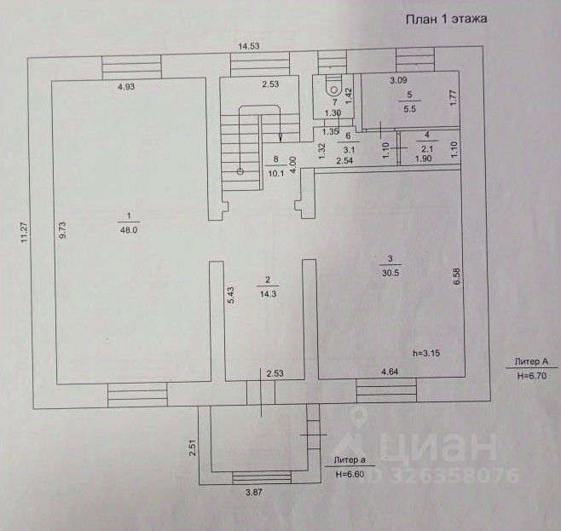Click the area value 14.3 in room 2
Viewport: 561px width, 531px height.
(x=268, y=292)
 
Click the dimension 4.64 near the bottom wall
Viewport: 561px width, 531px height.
(x=389, y=372)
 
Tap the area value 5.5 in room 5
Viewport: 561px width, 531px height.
(x=409, y=107)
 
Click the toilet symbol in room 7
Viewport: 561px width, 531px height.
(x=335, y=87)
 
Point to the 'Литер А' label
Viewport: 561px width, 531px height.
(x=534, y=361)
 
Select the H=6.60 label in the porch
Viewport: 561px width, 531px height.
(x=351, y=473)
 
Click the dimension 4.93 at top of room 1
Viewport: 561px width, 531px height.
(x=127, y=86)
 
